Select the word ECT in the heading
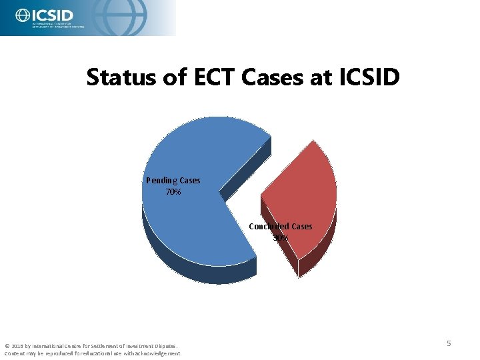coord(211,78)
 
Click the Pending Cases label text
coord(173,181)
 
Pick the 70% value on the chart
coord(173,192)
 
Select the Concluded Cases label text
coord(280,227)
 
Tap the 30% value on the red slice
coord(280,237)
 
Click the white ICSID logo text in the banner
coord(53,14)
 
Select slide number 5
coord(449,343)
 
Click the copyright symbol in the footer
coord(7,346)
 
